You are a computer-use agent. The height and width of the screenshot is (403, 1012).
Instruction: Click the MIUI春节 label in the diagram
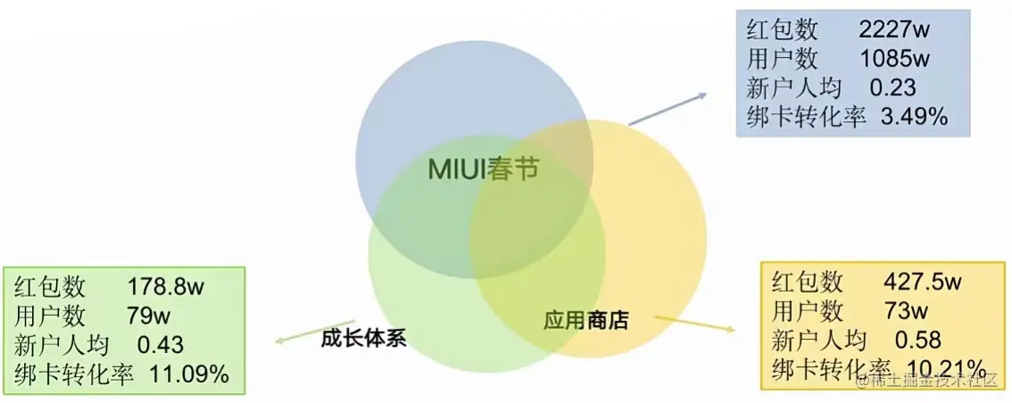pyautogui.click(x=484, y=169)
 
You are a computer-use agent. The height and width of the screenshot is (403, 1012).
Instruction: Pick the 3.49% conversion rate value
pyautogui.click(x=913, y=117)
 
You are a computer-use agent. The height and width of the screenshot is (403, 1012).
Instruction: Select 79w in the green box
pyautogui.click(x=149, y=316)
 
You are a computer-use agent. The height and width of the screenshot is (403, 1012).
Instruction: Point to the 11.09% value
pyautogui.click(x=189, y=374)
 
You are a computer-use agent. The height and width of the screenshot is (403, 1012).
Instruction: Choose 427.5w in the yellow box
pyautogui.click(x=922, y=283)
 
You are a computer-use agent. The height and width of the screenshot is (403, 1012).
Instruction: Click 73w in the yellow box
pyautogui.click(x=905, y=311)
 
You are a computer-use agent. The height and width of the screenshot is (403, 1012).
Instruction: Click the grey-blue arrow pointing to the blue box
pyautogui.click(x=667, y=109)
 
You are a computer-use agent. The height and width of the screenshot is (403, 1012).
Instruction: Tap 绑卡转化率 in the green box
pyautogui.click(x=74, y=374)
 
